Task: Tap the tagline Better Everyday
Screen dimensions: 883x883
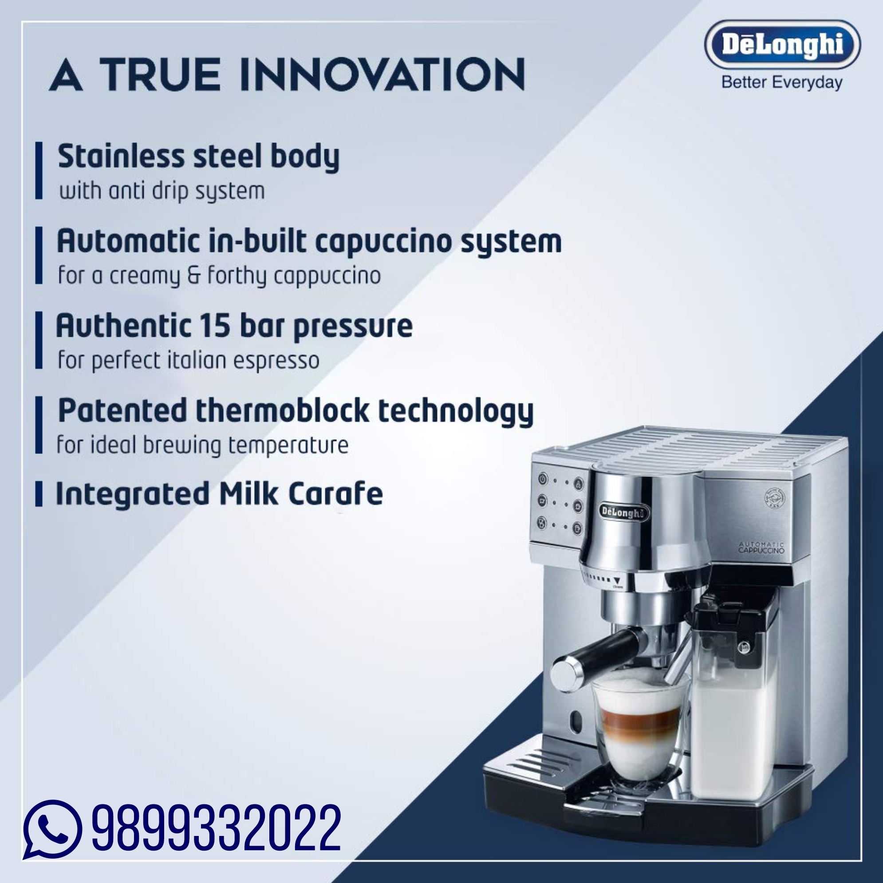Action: (781, 83)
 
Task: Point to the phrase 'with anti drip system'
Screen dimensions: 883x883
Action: (162, 191)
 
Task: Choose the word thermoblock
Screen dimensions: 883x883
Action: (282, 410)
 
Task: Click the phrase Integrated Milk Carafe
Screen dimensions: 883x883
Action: (219, 494)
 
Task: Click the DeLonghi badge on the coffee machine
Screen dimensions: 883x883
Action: (624, 513)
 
